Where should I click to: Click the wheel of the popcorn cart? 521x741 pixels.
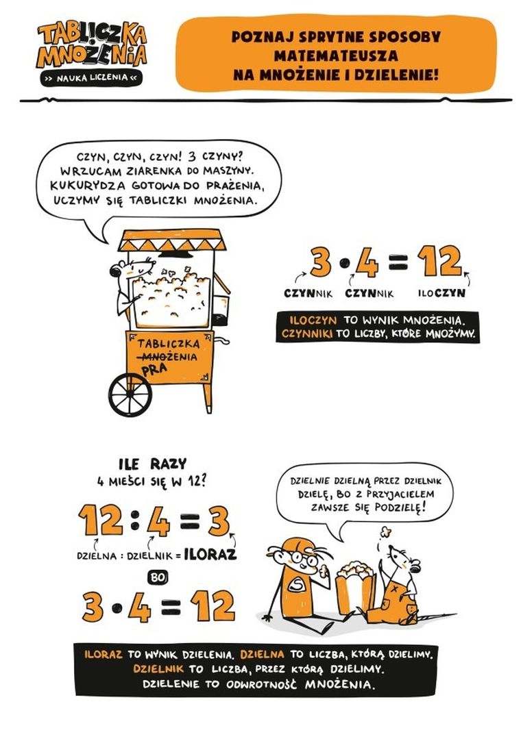130,394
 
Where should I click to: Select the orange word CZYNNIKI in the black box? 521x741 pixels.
306,334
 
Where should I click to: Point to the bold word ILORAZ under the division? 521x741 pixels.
210,554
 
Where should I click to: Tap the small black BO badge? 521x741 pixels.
158,577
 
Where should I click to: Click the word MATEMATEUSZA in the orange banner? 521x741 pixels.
336,55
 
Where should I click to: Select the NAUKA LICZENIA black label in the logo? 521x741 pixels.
92,78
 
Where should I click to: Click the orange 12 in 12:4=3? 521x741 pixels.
101,520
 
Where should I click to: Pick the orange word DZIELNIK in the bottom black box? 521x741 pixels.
158,669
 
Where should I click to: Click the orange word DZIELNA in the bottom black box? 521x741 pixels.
262,655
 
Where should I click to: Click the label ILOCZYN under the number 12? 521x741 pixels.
441,293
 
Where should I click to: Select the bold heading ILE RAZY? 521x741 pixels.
152,464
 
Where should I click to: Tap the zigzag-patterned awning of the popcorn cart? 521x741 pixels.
172,240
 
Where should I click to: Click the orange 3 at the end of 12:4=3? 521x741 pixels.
219,520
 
